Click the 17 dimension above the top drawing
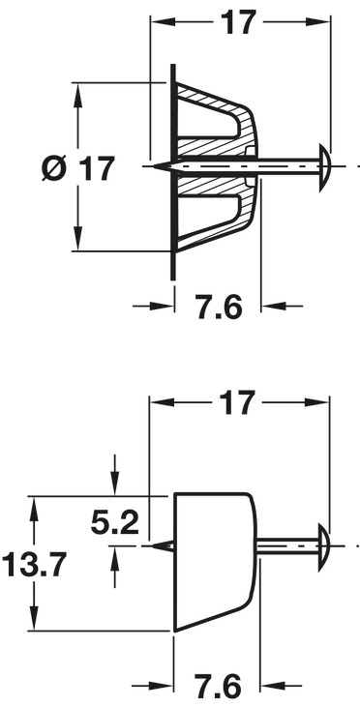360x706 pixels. [x=238, y=21]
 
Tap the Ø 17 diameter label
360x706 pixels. [x=78, y=168]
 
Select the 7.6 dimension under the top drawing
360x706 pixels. [x=220, y=308]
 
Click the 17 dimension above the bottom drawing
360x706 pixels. [x=237, y=402]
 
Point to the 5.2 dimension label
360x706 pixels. [x=114, y=523]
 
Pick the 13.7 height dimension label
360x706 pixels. [x=35, y=565]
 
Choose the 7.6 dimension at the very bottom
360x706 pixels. [x=218, y=687]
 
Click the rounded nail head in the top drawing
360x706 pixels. [x=325, y=166]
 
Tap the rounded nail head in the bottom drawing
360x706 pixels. [x=324, y=546]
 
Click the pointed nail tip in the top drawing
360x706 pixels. [x=154, y=166]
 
